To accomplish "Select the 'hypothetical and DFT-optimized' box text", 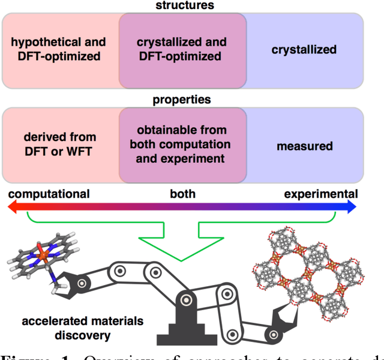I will coord(58,49).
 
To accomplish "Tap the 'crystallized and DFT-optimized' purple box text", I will coord(182,49).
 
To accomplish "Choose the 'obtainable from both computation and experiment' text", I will coord(182,145).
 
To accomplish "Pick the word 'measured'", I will coord(305,146).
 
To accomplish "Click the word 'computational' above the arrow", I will coord(49,193).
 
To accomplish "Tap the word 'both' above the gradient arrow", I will coord(182,193).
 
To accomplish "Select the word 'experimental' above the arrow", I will coord(321,193).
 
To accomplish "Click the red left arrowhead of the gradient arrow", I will coord(11,207).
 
